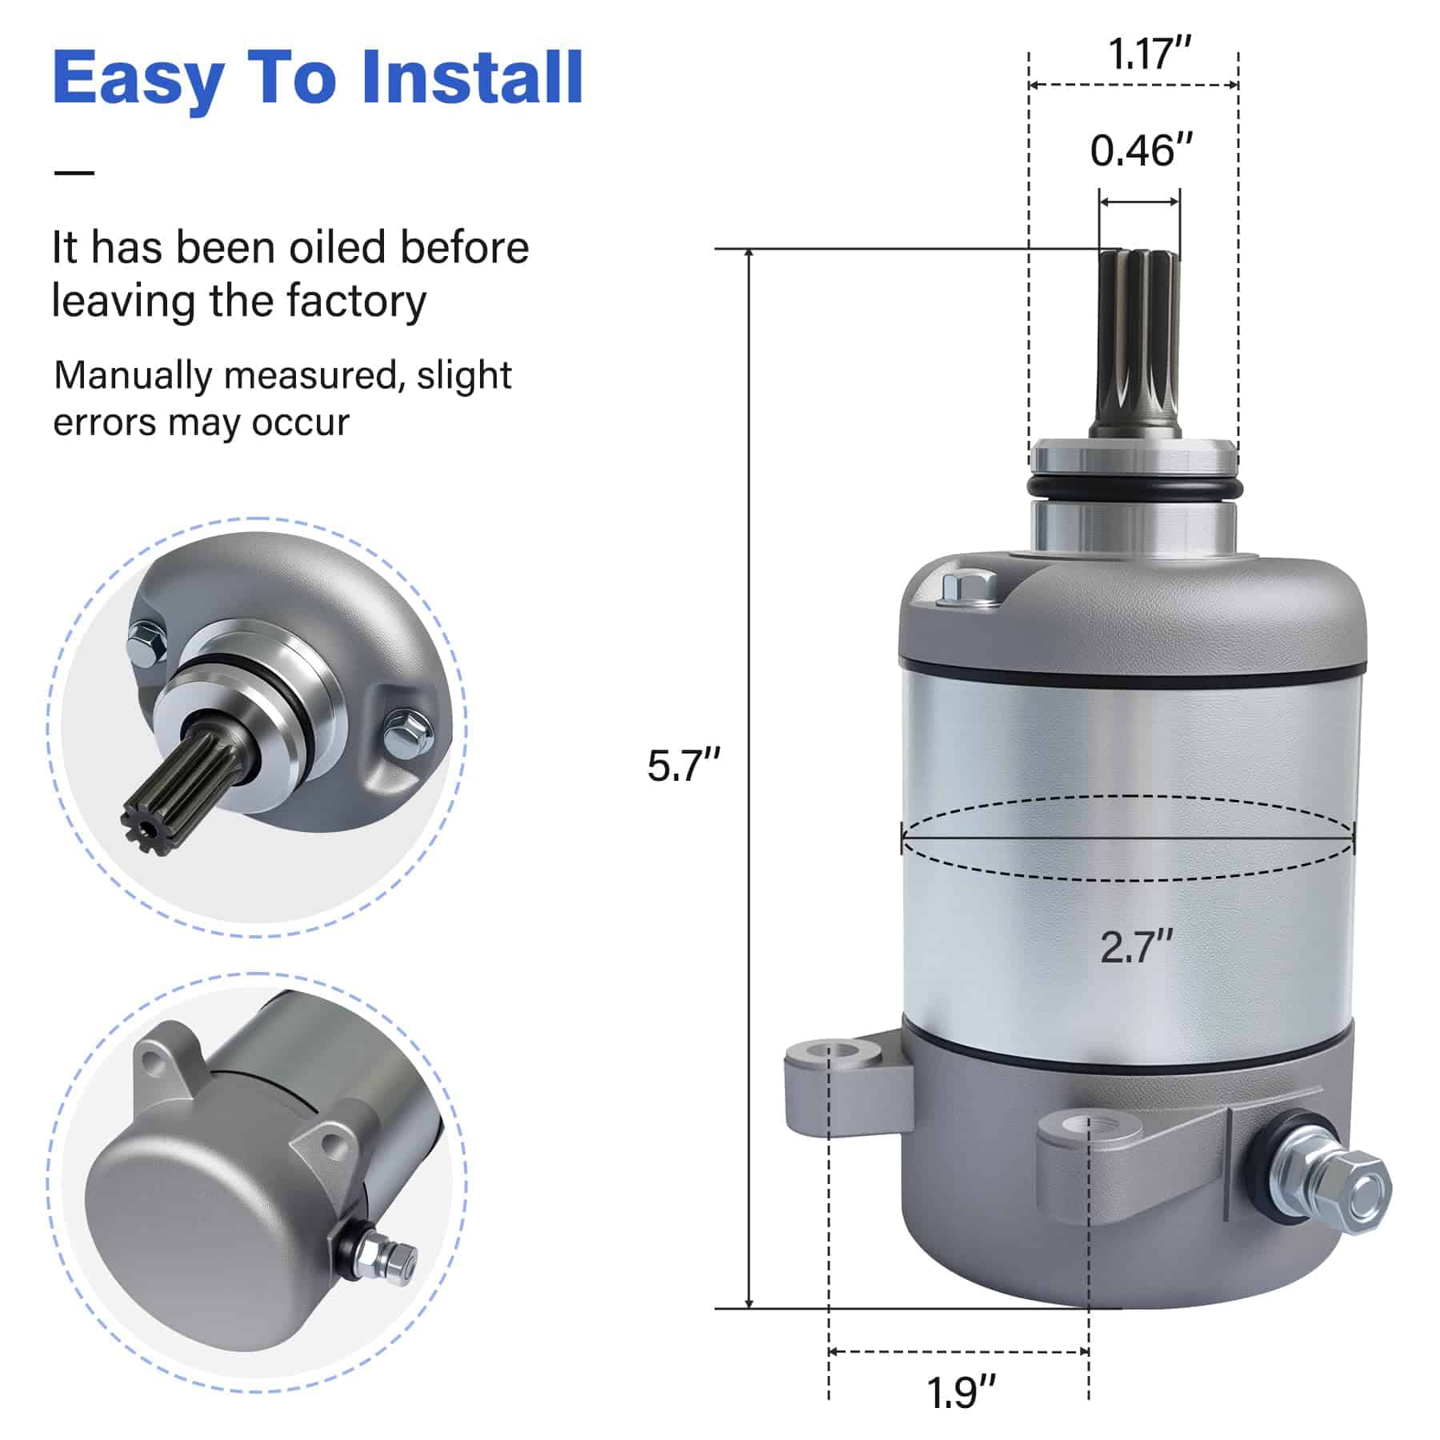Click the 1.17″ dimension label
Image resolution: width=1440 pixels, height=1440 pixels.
(1150, 54)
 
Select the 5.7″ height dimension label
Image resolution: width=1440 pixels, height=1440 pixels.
(684, 766)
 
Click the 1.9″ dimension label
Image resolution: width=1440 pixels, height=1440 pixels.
(962, 1393)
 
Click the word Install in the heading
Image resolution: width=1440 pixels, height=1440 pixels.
(472, 78)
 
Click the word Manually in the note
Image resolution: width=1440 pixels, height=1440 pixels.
(133, 376)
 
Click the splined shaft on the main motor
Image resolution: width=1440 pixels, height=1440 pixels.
(1140, 343)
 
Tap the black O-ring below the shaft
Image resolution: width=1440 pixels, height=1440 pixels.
(1133, 487)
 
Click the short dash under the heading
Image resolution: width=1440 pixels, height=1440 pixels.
(74, 172)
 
